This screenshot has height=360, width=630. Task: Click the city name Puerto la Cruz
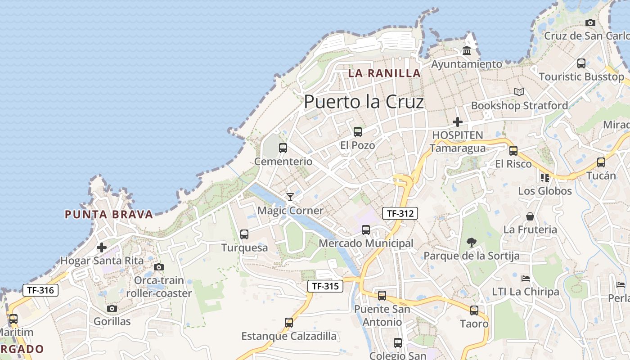point(364,102)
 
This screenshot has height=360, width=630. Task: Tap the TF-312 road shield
point(400,213)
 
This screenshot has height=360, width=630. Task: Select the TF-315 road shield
point(325,286)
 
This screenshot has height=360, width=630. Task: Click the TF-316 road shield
point(40,290)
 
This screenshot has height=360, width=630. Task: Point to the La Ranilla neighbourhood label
point(384,73)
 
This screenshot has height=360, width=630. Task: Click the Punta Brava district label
point(109,214)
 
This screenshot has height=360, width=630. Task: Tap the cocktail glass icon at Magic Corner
point(290,197)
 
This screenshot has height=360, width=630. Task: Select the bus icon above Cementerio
point(283,148)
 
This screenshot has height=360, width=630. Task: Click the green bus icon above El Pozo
point(358,131)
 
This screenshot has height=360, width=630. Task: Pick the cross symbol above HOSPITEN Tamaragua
point(458,121)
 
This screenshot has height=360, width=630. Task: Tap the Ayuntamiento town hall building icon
point(467,51)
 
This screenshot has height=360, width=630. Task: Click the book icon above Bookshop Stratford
point(519,92)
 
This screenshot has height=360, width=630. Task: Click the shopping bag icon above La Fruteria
point(530,216)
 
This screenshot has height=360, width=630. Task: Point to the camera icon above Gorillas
point(112,308)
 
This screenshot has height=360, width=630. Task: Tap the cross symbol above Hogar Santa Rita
point(102,247)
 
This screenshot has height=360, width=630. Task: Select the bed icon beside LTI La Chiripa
point(525,278)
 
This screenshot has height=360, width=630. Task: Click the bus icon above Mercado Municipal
point(366,230)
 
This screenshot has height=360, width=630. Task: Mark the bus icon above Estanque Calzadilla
point(289,323)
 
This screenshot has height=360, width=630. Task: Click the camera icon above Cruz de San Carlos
point(590,22)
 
